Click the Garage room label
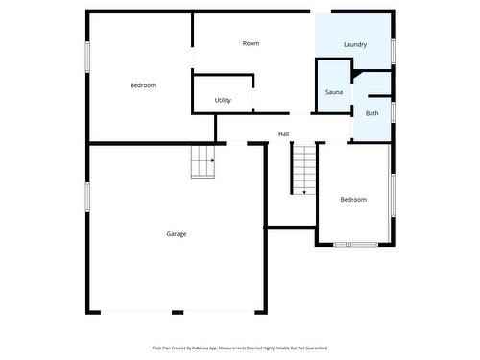177,234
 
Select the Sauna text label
334,92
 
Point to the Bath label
372,113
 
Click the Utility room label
223,100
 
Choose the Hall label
284,133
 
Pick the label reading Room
251,43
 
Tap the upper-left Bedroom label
143,85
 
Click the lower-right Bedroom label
353,200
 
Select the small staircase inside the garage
202,161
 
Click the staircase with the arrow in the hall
304,169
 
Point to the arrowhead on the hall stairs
304,192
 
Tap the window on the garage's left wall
87,197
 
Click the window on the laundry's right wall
394,51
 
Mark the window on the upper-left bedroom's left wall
87,56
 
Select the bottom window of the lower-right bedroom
363,244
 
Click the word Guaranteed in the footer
315,348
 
